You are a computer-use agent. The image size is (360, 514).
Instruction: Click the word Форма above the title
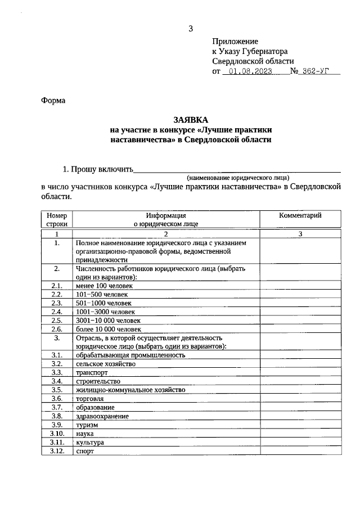tap(53, 101)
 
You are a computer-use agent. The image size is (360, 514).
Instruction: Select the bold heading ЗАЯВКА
tap(191, 120)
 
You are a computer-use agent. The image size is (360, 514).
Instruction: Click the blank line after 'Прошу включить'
tap(237, 169)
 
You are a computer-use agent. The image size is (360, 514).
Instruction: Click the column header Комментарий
tap(300, 216)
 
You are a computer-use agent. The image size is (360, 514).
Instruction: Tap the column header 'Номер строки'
tap(57, 219)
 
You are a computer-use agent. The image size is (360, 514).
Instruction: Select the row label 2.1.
tap(57, 286)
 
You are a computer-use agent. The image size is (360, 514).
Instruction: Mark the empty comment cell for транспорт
tap(300, 372)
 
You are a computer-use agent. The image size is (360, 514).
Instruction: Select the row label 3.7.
tap(57, 407)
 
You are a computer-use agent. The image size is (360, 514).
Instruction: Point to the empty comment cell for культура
tap(300, 442)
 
